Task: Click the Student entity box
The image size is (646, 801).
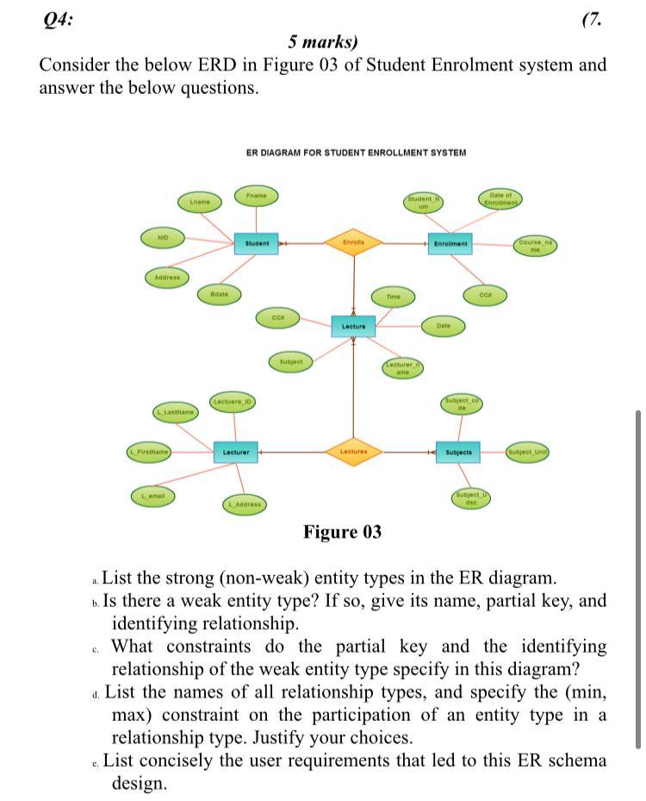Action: click(257, 244)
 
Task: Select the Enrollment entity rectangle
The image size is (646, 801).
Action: click(450, 244)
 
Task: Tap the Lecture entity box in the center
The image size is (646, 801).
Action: click(353, 327)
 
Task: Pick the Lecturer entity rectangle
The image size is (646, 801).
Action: click(235, 452)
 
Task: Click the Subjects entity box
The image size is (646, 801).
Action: click(459, 452)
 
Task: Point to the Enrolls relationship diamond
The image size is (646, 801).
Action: click(353, 243)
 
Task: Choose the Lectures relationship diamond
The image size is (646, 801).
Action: click(353, 451)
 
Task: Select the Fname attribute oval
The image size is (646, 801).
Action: click(256, 196)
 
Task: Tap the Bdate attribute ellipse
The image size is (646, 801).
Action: click(219, 294)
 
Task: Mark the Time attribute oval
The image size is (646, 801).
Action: click(393, 296)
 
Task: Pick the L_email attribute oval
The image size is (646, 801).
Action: click(153, 496)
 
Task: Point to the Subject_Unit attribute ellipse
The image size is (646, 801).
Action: click(528, 451)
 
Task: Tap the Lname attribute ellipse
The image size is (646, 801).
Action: click(199, 202)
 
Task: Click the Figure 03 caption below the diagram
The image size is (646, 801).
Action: click(342, 532)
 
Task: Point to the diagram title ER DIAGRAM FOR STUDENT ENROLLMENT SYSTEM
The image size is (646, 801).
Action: click(356, 153)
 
